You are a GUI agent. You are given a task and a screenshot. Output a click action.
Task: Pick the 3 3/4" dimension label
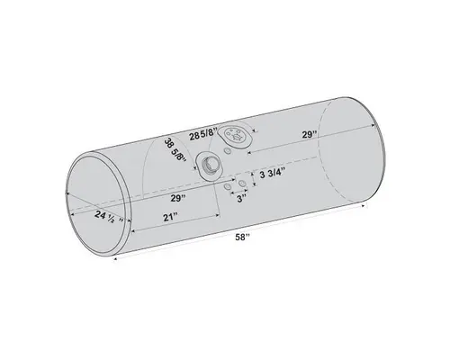(274, 174)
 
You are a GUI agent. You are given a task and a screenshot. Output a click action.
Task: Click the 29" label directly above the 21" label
(176, 196)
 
